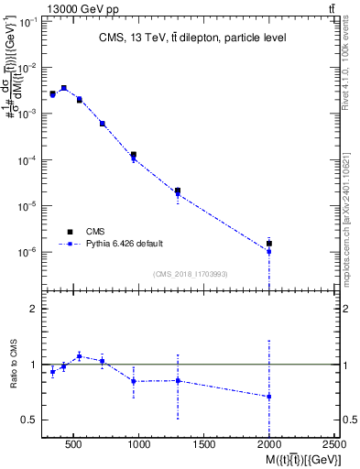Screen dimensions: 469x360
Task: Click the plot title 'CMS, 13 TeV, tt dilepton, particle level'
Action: point(191,38)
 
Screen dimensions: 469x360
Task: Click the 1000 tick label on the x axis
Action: point(139,444)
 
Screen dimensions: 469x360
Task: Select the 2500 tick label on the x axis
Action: point(334,444)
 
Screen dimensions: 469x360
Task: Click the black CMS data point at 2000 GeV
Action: point(269,243)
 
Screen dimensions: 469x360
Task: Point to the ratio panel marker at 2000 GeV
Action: point(269,397)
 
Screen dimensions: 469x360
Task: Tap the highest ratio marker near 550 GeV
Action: point(80,355)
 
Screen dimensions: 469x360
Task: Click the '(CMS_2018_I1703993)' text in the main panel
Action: point(191,273)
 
